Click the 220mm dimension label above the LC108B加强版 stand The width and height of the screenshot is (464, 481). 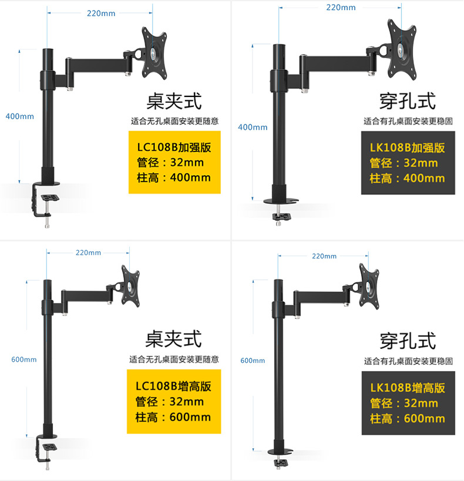click(101, 13)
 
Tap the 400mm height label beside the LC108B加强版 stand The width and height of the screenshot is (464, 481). click(19, 116)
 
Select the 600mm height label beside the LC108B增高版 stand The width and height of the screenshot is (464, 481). click(24, 359)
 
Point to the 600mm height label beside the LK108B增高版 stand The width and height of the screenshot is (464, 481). click(253, 361)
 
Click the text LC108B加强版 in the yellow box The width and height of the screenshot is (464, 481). click(174, 147)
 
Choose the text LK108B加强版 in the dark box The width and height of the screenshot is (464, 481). click(407, 147)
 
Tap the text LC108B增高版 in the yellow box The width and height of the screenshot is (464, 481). click(173, 386)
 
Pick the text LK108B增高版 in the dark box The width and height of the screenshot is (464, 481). click(408, 388)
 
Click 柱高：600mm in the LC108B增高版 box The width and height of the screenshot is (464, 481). click(173, 417)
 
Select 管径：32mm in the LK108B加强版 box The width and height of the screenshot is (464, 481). click(404, 163)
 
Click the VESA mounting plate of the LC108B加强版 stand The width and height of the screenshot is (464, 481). click(154, 53)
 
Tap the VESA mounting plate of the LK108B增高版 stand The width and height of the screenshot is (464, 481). click(369, 286)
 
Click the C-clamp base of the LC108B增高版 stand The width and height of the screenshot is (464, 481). click(46, 451)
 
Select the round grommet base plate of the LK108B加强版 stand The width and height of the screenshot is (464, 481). click(281, 201)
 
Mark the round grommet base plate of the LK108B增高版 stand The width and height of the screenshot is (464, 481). click(281, 452)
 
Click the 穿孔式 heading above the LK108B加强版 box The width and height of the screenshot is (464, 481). click(408, 101)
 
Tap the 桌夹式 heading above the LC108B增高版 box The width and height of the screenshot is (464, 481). click(173, 339)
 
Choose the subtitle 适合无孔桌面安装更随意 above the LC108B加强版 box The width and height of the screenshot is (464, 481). click(174, 121)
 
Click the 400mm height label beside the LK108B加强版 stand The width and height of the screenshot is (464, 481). click(253, 127)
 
